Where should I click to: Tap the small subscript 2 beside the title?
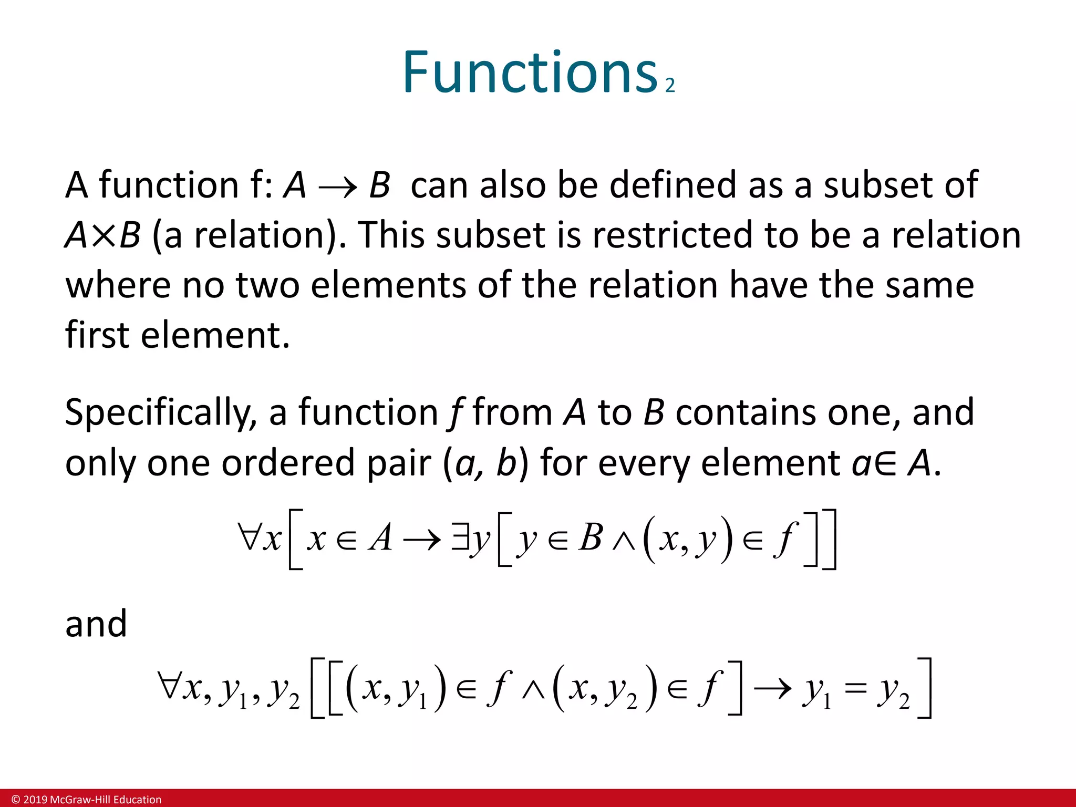pyautogui.click(x=670, y=86)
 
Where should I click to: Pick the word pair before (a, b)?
pyautogui.click(x=398, y=464)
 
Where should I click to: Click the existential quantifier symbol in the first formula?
pyautogui.click(x=459, y=539)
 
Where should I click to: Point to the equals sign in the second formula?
pyautogui.click(x=855, y=689)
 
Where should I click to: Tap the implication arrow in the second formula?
pyautogui.click(x=772, y=689)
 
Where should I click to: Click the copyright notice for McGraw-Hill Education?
pyautogui.click(x=87, y=800)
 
